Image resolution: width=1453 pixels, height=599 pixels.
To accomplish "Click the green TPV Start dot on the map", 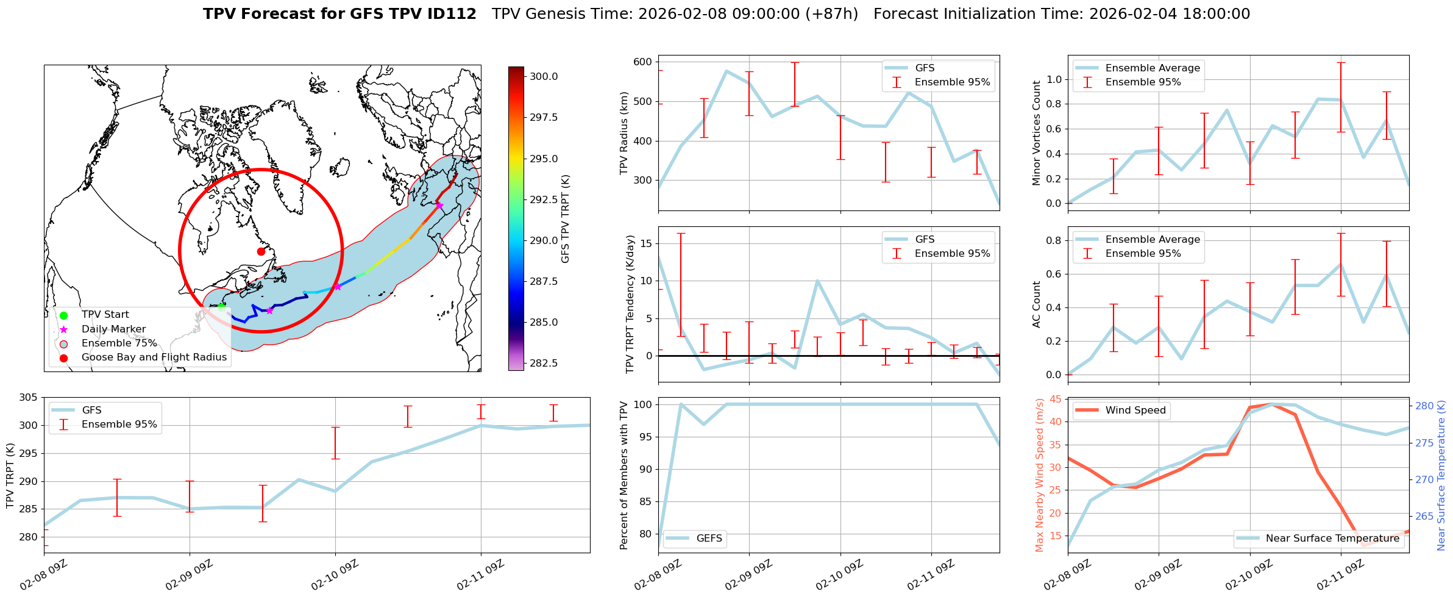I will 222,307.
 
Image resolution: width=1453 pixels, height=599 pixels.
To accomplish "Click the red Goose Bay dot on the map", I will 261,251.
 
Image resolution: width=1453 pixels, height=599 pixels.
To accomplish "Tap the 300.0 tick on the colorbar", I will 544,76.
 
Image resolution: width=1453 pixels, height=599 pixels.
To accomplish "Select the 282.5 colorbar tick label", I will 544,363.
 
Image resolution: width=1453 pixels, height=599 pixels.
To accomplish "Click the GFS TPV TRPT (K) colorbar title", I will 566,219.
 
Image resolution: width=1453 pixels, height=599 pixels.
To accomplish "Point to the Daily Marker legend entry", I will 113,329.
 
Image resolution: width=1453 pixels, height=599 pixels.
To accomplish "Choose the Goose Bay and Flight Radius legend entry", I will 154,357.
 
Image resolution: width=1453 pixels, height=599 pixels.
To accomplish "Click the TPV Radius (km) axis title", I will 623,133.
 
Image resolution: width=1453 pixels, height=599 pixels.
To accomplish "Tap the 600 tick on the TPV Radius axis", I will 643,62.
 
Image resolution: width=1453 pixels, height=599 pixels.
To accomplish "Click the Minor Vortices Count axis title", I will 1036,133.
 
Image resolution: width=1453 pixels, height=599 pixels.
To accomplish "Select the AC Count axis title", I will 1036,304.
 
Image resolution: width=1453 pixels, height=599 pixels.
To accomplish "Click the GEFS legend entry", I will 709,539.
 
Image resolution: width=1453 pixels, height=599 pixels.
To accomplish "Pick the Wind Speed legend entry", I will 1135,411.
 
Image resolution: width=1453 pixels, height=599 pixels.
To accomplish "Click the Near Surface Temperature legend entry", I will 1332,539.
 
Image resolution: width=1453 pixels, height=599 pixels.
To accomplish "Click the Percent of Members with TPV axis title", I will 623,475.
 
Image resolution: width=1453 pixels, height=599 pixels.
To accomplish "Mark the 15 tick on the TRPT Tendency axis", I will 645,244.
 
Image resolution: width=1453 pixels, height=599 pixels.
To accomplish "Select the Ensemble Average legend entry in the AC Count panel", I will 1153,240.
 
